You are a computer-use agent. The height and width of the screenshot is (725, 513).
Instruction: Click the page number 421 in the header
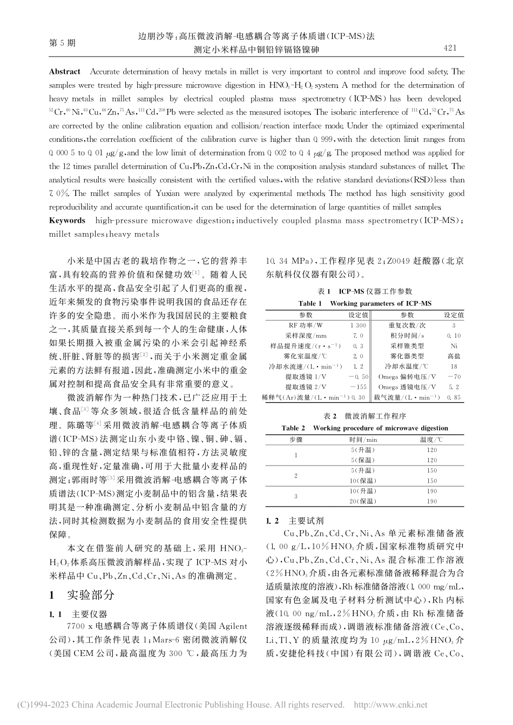pos(450,49)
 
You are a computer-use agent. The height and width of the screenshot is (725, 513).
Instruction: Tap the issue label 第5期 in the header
pos(63,43)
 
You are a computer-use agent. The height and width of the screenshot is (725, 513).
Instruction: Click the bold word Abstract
pos(64,72)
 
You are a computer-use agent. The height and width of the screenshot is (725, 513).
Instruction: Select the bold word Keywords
pos(67,221)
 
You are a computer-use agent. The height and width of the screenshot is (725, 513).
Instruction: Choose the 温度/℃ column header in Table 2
pos(431,440)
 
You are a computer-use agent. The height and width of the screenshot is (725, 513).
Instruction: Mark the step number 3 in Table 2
pos(295,496)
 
